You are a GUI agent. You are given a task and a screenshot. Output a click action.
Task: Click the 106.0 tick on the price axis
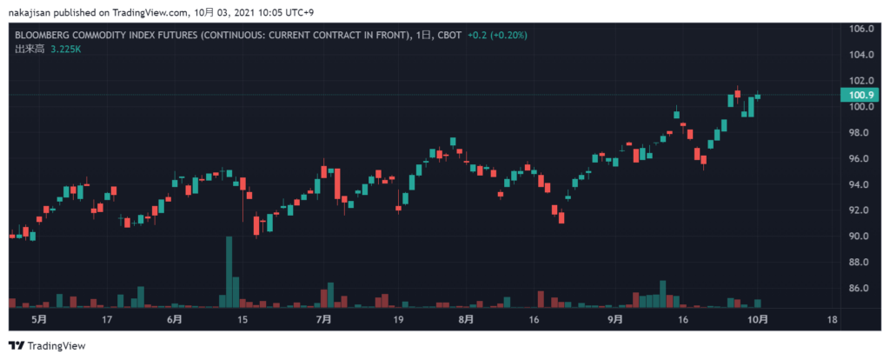pyautogui.click(x=860, y=29)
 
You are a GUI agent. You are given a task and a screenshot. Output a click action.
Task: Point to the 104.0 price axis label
pyautogui.click(x=860, y=55)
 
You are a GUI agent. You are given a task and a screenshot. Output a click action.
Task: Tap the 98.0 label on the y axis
pyautogui.click(x=860, y=132)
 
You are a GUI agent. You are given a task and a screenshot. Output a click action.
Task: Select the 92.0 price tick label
pyautogui.click(x=860, y=210)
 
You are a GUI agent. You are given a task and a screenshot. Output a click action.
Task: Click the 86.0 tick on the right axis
pyautogui.click(x=860, y=288)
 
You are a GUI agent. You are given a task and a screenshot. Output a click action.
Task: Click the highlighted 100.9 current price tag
pyautogui.click(x=860, y=95)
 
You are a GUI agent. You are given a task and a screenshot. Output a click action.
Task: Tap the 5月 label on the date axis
pyautogui.click(x=38, y=319)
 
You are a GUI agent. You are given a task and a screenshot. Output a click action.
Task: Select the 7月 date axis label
pyautogui.click(x=323, y=319)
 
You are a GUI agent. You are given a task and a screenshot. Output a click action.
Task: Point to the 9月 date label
pyautogui.click(x=614, y=319)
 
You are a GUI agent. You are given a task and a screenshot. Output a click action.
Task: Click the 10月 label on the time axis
pyautogui.click(x=759, y=319)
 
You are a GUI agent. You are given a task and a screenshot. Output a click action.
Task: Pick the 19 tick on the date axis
pyautogui.click(x=398, y=319)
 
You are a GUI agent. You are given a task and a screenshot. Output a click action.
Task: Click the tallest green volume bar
pyautogui.click(x=229, y=271)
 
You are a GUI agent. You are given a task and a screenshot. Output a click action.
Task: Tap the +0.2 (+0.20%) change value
pyautogui.click(x=496, y=36)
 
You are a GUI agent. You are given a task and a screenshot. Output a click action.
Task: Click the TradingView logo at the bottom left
pyautogui.click(x=47, y=345)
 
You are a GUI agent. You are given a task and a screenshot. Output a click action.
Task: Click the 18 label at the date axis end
pyautogui.click(x=833, y=319)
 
